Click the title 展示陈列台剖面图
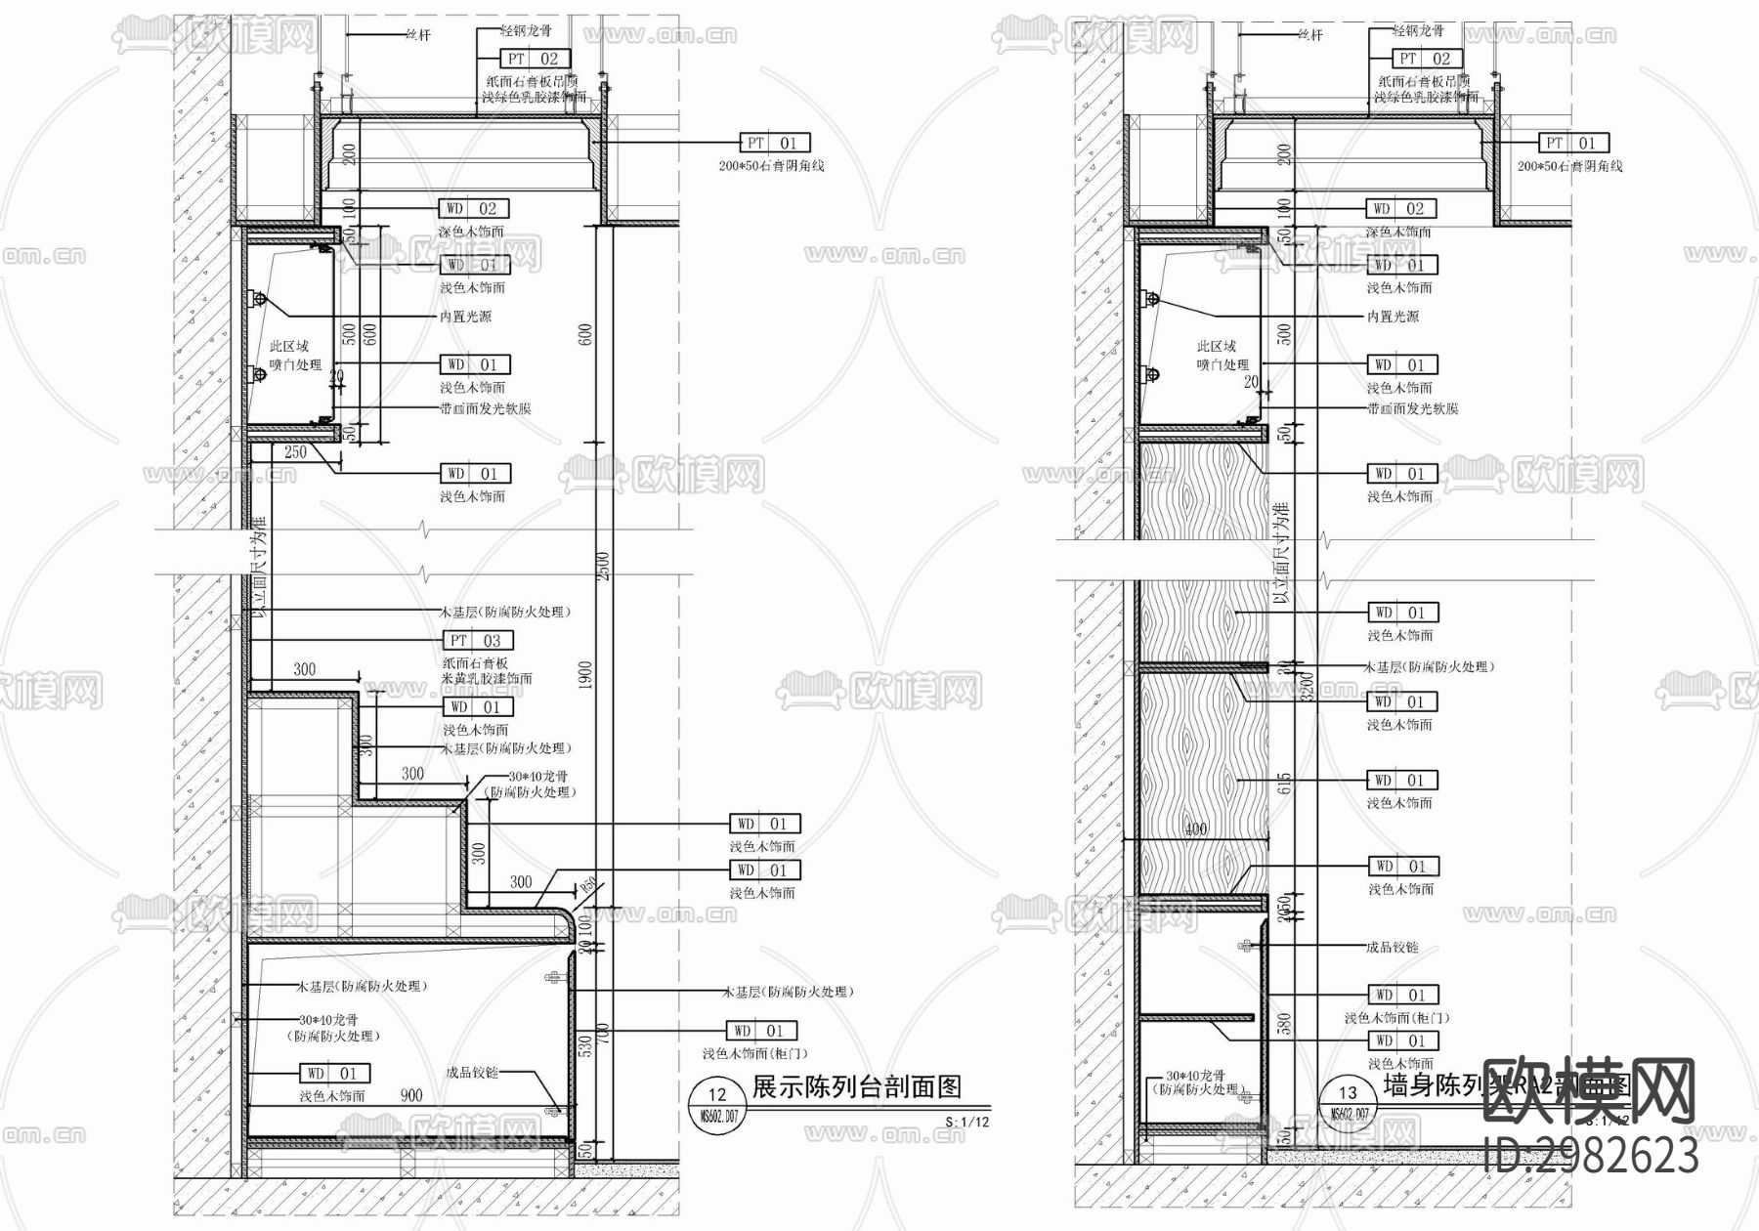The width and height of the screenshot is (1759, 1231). pyautogui.click(x=856, y=1086)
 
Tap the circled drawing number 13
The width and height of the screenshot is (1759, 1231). pyautogui.click(x=1348, y=1094)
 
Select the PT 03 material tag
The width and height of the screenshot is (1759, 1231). pyautogui.click(x=478, y=641)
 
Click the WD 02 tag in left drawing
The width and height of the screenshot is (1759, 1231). pyautogui.click(x=474, y=208)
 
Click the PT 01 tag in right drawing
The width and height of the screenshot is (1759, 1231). pyautogui.click(x=1572, y=143)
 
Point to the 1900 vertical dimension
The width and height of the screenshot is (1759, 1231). pyautogui.click(x=585, y=674)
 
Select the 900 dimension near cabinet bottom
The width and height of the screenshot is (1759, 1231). pyautogui.click(x=411, y=1095)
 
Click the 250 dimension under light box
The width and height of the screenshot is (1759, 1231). pyautogui.click(x=295, y=452)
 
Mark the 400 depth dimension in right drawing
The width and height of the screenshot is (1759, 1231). pyautogui.click(x=1195, y=829)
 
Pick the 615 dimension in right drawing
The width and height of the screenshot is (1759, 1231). pyautogui.click(x=1285, y=783)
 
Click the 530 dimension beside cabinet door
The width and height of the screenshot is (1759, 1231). pyautogui.click(x=585, y=1045)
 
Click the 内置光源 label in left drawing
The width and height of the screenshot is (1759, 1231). pyautogui.click(x=465, y=317)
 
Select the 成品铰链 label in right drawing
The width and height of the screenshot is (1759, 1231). pyautogui.click(x=1392, y=948)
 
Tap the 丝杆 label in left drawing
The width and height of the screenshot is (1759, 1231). pyautogui.click(x=417, y=35)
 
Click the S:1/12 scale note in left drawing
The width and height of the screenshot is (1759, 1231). pyautogui.click(x=966, y=1122)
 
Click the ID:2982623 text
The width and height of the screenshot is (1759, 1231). pyautogui.click(x=1590, y=1157)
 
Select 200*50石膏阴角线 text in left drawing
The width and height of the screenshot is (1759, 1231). pyautogui.click(x=771, y=166)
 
